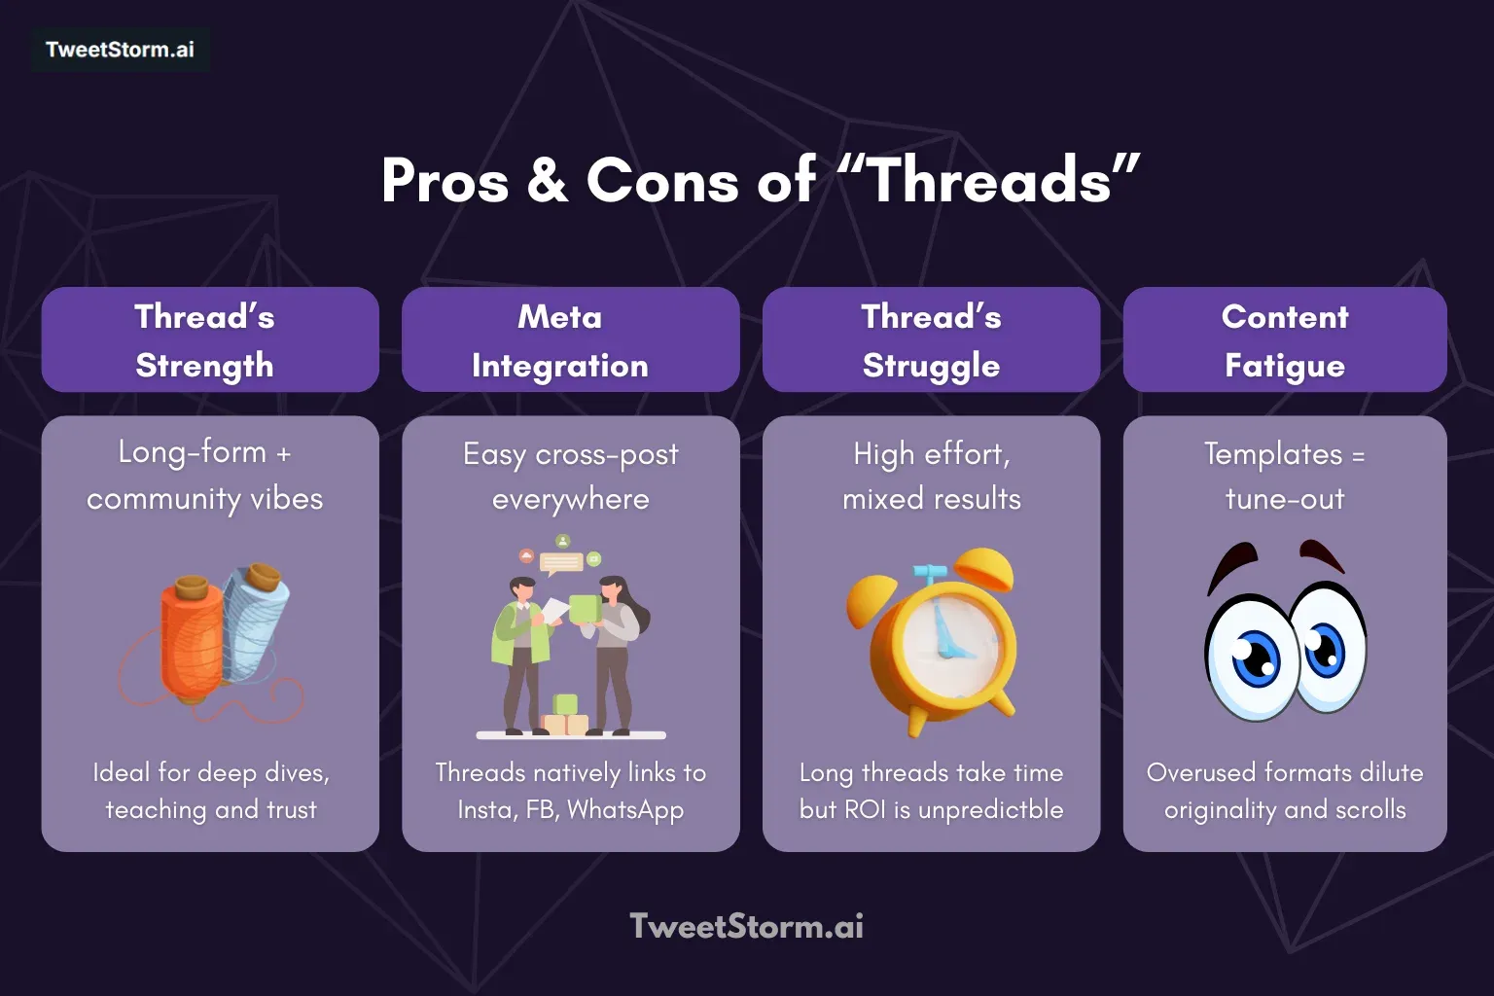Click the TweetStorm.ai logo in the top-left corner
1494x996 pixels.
point(120,50)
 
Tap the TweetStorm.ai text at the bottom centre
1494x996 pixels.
point(746,926)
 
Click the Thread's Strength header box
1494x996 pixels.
point(210,339)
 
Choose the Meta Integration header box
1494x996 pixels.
point(570,339)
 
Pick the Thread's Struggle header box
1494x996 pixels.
point(931,339)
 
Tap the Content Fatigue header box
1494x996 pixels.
point(1285,339)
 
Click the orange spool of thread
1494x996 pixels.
point(193,637)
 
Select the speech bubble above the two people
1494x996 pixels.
point(561,562)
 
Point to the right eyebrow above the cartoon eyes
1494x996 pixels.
point(1323,555)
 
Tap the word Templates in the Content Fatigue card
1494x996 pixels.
point(1272,453)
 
